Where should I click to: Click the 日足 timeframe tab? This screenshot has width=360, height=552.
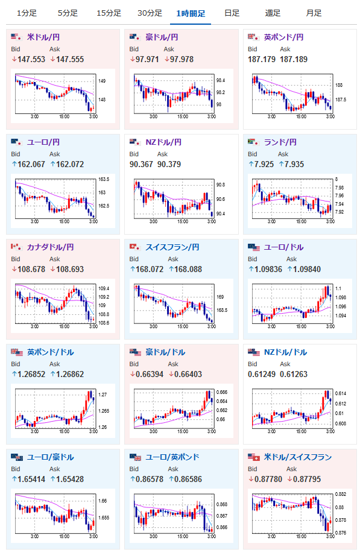click(x=232, y=13)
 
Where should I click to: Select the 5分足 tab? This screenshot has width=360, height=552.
click(x=68, y=13)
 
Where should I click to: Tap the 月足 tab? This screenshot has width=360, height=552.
click(x=314, y=13)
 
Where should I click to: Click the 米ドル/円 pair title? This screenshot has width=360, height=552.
click(x=43, y=37)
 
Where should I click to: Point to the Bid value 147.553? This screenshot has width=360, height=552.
click(x=31, y=60)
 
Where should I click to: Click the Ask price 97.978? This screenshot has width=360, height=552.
click(x=182, y=60)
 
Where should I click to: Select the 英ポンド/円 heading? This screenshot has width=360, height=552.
click(x=283, y=37)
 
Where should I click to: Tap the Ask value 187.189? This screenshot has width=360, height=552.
click(x=294, y=60)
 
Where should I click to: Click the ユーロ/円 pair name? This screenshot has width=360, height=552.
click(x=43, y=142)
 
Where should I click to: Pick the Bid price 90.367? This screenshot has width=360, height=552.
click(x=141, y=165)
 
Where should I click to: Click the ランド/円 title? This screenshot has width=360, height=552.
click(x=280, y=142)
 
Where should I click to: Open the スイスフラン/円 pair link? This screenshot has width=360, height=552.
click(x=172, y=247)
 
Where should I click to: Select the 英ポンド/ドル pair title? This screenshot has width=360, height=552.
click(x=50, y=352)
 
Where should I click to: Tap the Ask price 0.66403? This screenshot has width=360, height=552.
click(x=188, y=374)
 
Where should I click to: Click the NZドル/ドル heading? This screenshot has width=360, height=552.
click(x=285, y=352)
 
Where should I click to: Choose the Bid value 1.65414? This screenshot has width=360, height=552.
click(x=31, y=479)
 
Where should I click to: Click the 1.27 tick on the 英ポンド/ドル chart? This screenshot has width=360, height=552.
click(x=103, y=395)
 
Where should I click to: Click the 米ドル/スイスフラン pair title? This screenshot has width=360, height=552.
click(x=298, y=457)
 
